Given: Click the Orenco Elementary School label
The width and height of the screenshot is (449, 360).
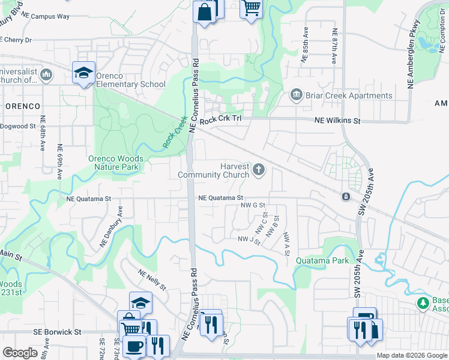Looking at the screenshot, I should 130,80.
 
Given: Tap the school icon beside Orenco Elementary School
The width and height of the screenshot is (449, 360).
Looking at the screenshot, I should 84,73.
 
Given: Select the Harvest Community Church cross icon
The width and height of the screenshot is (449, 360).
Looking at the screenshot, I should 259,170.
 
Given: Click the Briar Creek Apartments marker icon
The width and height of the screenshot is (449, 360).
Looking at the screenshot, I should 295,95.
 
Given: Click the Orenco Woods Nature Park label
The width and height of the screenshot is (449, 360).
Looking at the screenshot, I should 113,163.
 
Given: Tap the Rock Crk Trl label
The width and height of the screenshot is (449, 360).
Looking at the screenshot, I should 220,119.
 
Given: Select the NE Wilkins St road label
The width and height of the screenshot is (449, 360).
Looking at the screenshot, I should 337,121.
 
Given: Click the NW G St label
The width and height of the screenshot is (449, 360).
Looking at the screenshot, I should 253,205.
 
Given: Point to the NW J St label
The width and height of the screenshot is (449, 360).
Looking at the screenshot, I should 249,240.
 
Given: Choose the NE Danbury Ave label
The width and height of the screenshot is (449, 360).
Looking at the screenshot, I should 111,227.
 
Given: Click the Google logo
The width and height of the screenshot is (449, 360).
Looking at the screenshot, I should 20,353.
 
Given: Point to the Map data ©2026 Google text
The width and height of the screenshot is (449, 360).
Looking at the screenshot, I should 412,356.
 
